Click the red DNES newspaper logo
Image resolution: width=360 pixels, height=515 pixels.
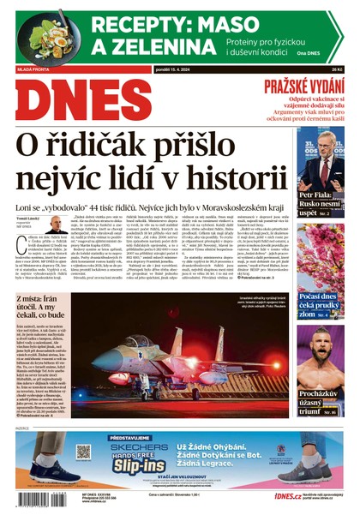(83, 99)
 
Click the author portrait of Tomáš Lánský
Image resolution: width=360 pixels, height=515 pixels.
(57, 225)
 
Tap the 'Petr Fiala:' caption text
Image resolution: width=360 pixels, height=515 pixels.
(316, 196)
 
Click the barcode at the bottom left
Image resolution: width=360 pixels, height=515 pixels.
(43, 498)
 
